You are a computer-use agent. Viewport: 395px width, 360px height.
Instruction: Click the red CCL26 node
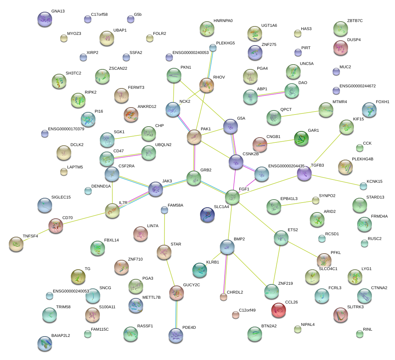279,310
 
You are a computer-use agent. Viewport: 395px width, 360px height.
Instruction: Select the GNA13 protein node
45,19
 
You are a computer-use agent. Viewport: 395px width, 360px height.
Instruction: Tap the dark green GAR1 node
301,138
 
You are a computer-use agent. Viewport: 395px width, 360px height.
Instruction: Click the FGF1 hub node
232,197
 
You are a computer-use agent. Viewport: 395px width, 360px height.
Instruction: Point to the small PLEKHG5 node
213,48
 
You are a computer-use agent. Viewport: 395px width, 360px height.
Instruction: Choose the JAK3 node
156,189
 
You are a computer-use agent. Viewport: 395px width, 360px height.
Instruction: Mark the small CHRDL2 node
223,297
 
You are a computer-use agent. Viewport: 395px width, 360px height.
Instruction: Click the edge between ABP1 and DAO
271,94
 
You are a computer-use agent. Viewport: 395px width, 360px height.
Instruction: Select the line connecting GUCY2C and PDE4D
176,314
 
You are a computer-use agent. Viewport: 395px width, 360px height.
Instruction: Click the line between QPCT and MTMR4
300,114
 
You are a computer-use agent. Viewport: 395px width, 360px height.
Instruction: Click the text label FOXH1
383,102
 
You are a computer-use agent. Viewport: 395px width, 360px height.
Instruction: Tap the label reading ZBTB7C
355,21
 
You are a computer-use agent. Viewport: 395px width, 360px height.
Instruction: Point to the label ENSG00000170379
66,129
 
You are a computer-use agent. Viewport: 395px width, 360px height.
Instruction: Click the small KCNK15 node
363,186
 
